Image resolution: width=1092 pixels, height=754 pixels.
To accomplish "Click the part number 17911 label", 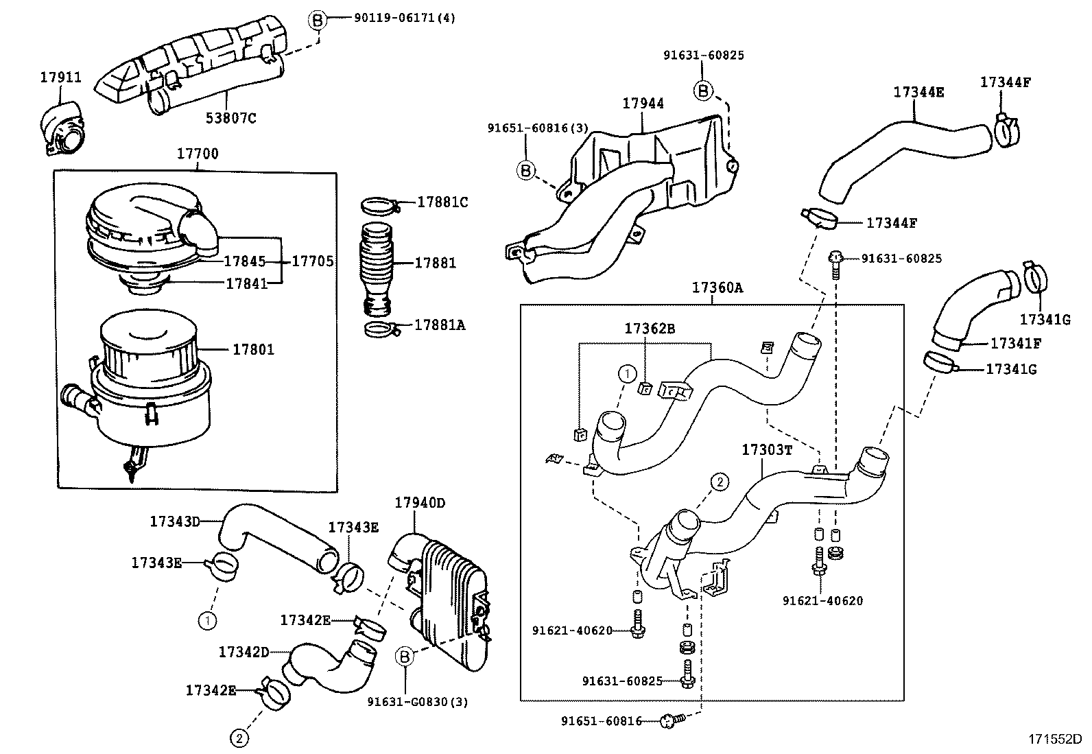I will (60, 77).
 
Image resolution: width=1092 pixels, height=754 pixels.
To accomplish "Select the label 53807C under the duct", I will (231, 118).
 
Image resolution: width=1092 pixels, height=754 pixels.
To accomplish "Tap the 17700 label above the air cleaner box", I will (198, 154).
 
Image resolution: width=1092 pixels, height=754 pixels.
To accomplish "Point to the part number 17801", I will (253, 349).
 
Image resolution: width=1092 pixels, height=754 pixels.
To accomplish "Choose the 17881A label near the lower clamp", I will (440, 325).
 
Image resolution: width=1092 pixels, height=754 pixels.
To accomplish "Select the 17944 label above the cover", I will (643, 104).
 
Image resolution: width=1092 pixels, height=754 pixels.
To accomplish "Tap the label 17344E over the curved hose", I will (918, 92).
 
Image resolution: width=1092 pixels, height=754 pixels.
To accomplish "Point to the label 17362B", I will (649, 329).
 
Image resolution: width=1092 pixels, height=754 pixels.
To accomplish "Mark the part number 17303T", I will (767, 450).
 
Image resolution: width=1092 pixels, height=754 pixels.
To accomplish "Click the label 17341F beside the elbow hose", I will (1015, 342).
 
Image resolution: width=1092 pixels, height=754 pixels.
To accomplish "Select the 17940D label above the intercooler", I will (420, 503).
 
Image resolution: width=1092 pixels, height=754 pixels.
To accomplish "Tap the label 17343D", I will (175, 521).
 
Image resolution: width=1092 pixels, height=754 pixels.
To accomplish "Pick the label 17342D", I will (244, 652).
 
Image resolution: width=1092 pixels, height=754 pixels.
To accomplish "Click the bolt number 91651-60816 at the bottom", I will (601, 720).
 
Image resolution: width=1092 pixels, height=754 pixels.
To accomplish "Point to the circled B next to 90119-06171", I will (317, 20).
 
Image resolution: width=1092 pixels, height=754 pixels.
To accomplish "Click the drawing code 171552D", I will (1054, 740).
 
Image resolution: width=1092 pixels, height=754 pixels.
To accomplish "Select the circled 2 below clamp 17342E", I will (239, 738).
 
